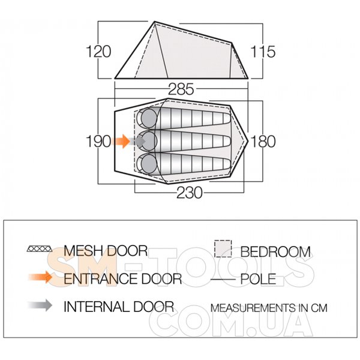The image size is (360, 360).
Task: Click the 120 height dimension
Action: pos(98,52)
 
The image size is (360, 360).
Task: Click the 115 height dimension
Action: pos(262,52)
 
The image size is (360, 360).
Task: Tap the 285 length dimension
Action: pos(181,89)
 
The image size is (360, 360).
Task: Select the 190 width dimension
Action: pos(98,141)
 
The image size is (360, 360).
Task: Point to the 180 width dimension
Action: pos(263,141)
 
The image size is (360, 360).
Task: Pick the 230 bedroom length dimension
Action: pos(190,193)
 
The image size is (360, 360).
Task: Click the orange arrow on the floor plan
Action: pos(121,141)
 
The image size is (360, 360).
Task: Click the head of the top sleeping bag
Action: pos(149,118)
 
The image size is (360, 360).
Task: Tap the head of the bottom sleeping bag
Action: pos(149,164)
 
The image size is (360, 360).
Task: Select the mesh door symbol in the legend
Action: pos(40,249)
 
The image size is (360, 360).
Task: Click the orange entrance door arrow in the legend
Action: pos(40,277)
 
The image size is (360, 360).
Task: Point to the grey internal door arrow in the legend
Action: pos(40,305)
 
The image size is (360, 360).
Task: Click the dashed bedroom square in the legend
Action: pos(223,249)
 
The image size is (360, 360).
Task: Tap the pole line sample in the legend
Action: pos(223,280)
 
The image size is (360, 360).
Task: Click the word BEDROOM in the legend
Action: pos(275,252)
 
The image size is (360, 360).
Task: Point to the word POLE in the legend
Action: pos(258,280)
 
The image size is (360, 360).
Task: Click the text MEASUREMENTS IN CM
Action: pos(269,308)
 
